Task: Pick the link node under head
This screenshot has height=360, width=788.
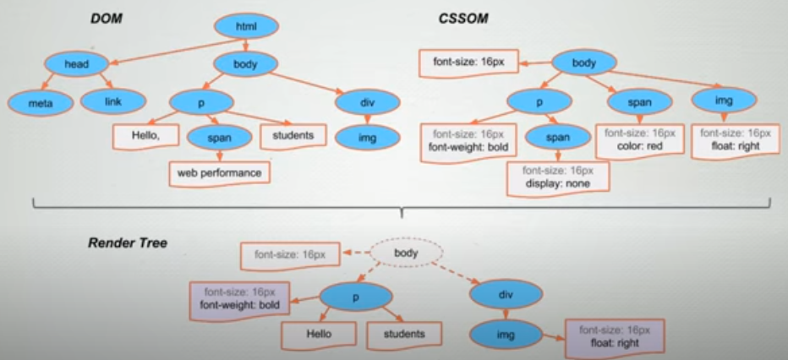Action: pyautogui.click(x=113, y=101)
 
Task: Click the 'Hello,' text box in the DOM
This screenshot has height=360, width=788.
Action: pyautogui.click(x=145, y=134)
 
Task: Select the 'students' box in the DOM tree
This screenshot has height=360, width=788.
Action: pyautogui.click(x=293, y=134)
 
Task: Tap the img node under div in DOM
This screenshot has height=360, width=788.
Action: pyautogui.click(x=366, y=135)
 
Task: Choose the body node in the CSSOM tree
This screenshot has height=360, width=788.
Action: pyautogui.click(x=583, y=63)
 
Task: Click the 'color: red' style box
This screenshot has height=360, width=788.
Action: pyautogui.click(x=639, y=140)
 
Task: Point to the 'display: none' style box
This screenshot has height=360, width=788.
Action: pyautogui.click(x=558, y=177)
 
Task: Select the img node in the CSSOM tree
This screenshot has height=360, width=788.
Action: pyautogui.click(x=723, y=101)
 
